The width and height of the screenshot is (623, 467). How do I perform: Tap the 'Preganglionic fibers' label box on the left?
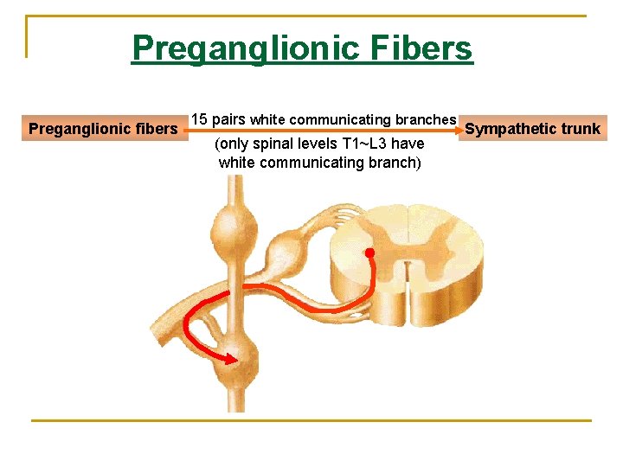[x=103, y=129]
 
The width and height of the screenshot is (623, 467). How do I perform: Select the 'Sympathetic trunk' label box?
[x=532, y=129]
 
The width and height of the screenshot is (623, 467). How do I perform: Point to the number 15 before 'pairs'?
[x=199, y=118]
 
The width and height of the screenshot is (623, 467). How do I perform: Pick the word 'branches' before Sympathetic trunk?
[x=426, y=119]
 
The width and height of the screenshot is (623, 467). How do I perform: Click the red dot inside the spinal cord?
[x=369, y=254]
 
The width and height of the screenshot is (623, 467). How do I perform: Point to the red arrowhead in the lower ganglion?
[x=231, y=357]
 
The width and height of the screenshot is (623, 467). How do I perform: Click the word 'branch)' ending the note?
[x=395, y=162]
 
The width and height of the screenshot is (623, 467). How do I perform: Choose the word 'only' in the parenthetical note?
[x=235, y=144]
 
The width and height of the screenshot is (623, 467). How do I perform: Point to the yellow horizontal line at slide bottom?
[x=311, y=420]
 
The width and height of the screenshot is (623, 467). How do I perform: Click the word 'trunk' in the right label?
[x=581, y=129]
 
